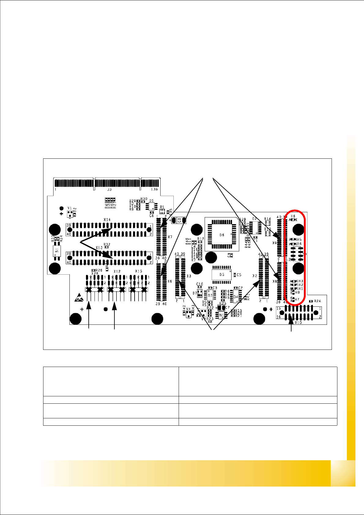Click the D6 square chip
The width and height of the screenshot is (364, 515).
pos(222,235)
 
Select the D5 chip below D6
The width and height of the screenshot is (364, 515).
pos(221,274)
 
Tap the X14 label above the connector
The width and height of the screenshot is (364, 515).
pos(107,220)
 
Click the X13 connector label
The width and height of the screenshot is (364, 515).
pos(99,248)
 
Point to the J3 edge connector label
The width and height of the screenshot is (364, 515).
pos(109,190)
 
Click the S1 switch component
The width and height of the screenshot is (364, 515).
pos(56,251)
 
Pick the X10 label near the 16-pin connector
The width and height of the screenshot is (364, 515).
pos(299,322)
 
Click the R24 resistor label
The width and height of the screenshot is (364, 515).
pos(317,301)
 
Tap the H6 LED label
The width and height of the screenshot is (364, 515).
pos(293,216)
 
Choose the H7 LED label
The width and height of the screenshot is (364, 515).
pos(297,299)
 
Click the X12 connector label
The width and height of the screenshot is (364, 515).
pos(117,271)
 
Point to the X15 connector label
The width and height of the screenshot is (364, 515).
pos(139,271)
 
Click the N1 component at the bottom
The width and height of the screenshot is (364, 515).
pos(221,315)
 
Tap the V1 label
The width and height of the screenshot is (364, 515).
pos(70,208)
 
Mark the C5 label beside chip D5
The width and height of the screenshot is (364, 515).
pos(239,275)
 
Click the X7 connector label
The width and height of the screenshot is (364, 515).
pos(170,237)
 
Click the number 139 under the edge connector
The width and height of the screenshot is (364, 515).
pos(154,190)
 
